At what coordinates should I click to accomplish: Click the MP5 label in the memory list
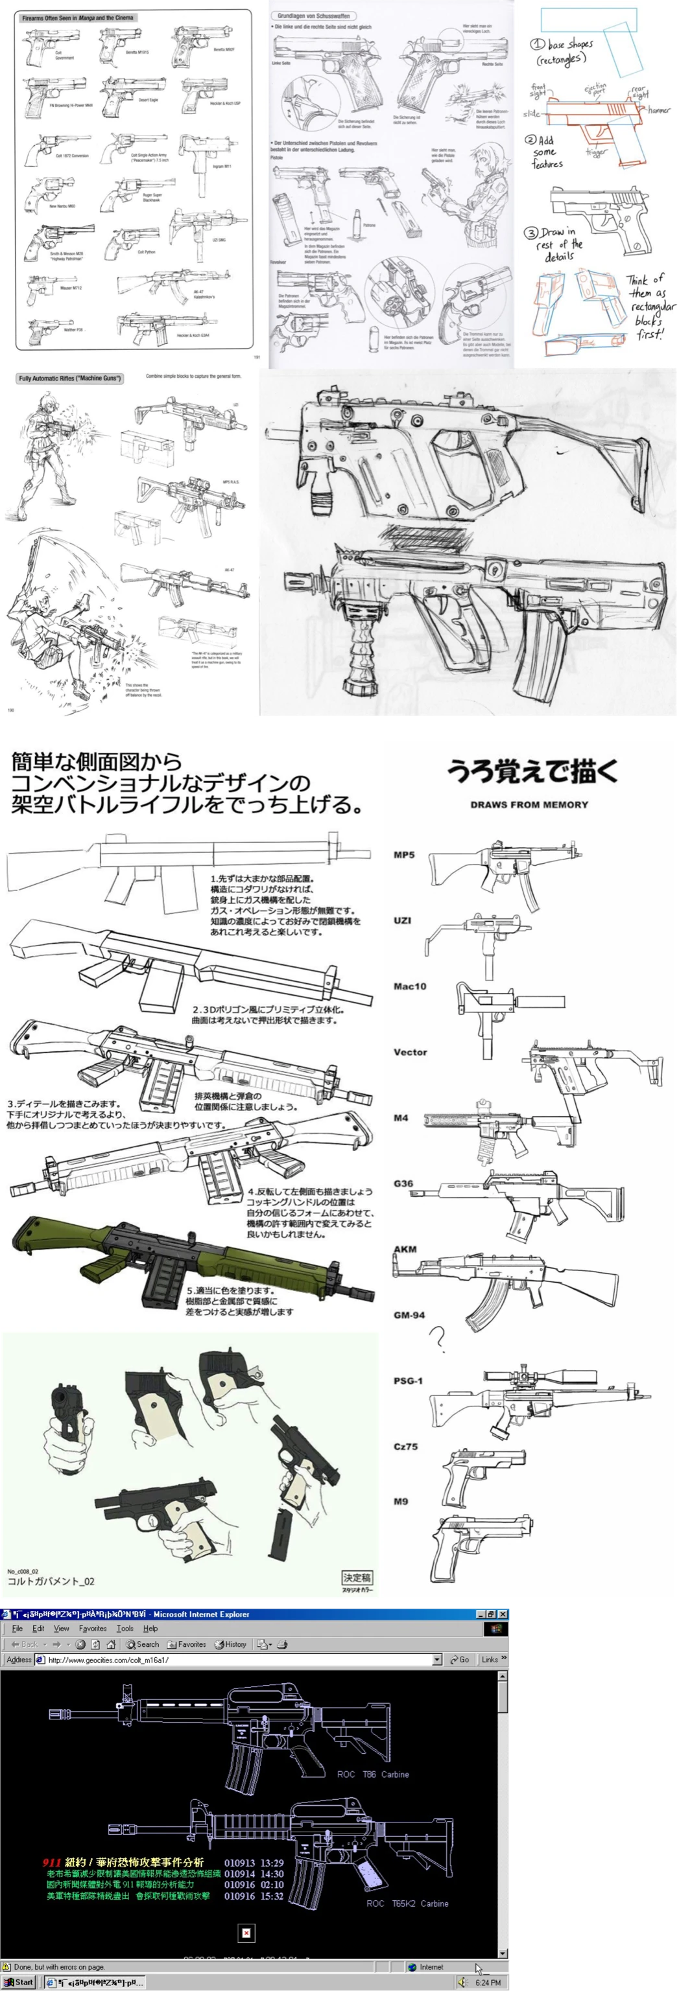coord(403,855)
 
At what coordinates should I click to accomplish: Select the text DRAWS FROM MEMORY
coord(529,804)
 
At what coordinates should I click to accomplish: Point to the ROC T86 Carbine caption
coord(373,1774)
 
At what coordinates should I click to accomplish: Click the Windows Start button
coord(19,1982)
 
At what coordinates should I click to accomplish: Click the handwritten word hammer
coord(659,111)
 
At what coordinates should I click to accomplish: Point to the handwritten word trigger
coord(596,153)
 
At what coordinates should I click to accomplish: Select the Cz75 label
coord(405,1446)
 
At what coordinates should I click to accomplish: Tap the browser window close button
coord(503,1614)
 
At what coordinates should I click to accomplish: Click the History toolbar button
coord(230,1644)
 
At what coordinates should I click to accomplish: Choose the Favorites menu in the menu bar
coord(92,1629)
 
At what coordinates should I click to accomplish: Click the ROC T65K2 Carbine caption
coord(407,1903)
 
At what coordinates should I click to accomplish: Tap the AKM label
coord(405,1249)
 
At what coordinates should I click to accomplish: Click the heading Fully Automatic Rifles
coord(69,378)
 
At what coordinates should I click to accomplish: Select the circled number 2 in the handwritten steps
coord(531,140)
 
